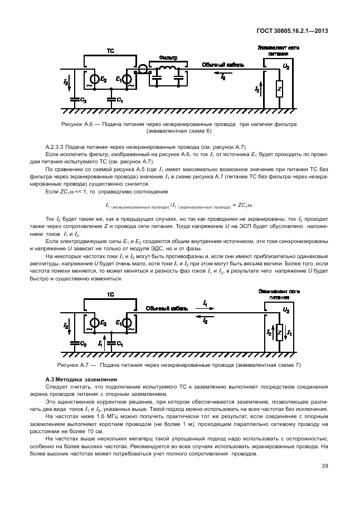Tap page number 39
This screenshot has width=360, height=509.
(324, 467)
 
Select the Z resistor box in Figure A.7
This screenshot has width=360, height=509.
(280, 333)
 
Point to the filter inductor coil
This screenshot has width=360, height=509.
(167, 69)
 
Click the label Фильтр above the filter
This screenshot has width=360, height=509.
(168, 58)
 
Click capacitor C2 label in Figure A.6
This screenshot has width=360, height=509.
(84, 100)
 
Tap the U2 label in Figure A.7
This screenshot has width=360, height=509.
(286, 309)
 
